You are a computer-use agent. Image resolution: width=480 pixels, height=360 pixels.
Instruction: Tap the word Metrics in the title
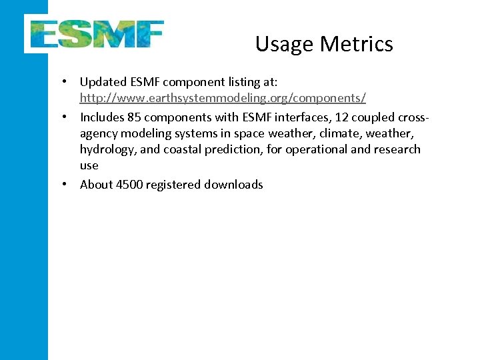click(x=356, y=44)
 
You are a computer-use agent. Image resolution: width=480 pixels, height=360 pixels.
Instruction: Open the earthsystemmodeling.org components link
click(x=223, y=98)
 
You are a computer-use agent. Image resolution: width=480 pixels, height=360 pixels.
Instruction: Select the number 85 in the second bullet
click(x=133, y=117)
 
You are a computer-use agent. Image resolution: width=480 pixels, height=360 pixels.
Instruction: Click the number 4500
click(x=130, y=185)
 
